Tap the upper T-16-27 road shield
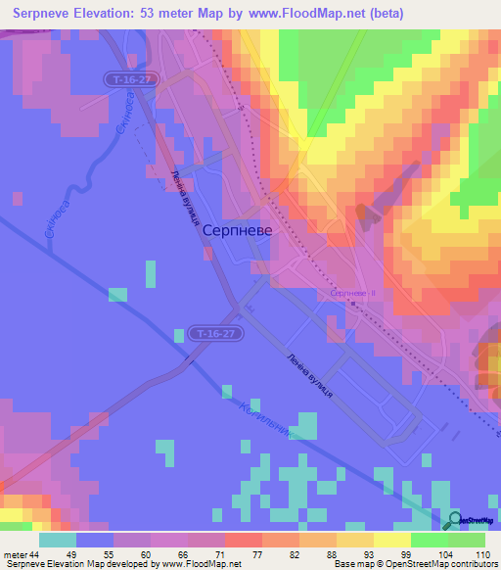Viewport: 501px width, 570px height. click(129, 76)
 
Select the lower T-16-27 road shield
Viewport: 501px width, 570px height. click(214, 334)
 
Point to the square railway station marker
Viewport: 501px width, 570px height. click(354, 304)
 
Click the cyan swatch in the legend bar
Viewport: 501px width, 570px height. click(58, 541)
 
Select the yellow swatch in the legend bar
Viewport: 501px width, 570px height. click(391, 541)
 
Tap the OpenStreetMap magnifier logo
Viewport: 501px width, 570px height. click(455, 520)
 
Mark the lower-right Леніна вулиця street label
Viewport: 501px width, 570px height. click(311, 374)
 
